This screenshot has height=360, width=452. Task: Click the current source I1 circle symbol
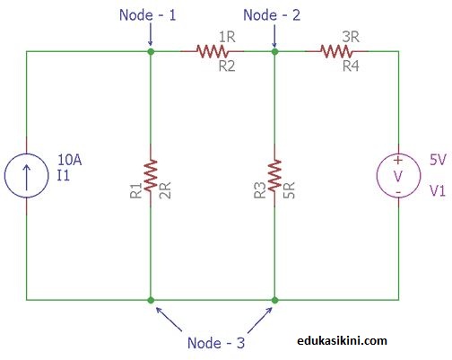tap(26, 175)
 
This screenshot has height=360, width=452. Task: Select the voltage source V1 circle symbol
tap(398, 175)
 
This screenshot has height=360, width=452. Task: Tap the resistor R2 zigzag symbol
tap(213, 52)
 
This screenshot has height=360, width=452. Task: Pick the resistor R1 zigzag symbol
tap(151, 175)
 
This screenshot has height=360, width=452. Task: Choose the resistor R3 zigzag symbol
tap(274, 175)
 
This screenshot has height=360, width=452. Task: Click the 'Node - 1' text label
tap(149, 15)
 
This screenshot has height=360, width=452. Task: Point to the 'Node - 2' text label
tap(274, 15)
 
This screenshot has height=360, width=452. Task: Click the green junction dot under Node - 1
tap(151, 52)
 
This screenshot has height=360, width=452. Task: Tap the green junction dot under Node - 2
tap(274, 52)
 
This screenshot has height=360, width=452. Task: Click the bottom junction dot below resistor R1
tap(151, 299)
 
